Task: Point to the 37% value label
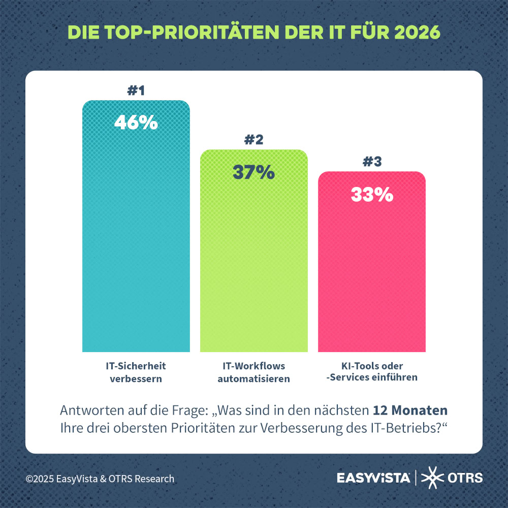pyautogui.click(x=253, y=172)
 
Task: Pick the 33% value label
pyautogui.click(x=372, y=195)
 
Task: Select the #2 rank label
pyautogui.click(x=253, y=140)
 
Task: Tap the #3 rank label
pyautogui.click(x=372, y=162)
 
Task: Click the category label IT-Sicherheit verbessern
pyautogui.click(x=136, y=372)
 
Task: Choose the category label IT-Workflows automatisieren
pyautogui.click(x=254, y=372)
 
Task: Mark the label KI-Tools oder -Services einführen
pyautogui.click(x=372, y=372)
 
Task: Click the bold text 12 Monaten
pyautogui.click(x=410, y=410)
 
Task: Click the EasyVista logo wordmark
pyautogui.click(x=373, y=478)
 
